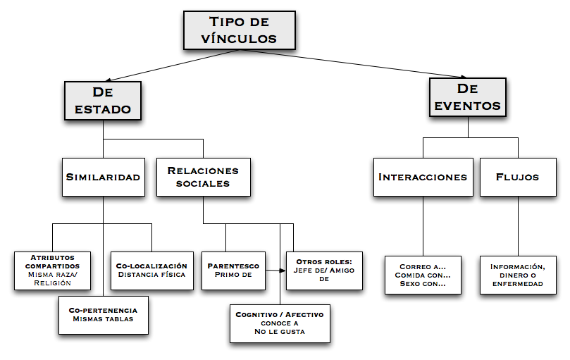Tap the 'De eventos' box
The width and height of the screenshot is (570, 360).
pos(467,97)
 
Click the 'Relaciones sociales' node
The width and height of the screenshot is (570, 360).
pos(203,177)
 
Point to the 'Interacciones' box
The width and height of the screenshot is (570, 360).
pos(422,177)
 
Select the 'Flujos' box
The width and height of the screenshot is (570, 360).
pos(517,177)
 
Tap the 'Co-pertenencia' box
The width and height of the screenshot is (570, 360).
pos(103,314)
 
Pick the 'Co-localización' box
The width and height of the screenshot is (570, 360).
pos(151,270)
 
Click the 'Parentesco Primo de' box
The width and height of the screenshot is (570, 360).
pos(233,271)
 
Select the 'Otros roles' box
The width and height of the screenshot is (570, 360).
pos(324,270)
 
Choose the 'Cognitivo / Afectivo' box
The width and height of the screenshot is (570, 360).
pos(280,323)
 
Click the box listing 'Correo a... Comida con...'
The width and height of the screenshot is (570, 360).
pos(423,275)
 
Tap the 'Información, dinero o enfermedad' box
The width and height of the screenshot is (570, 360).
pos(517,275)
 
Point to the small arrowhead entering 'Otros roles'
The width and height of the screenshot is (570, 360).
pos(283,270)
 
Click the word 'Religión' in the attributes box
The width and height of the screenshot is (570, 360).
pos(52,283)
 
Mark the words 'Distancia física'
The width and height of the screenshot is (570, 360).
pos(151,275)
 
